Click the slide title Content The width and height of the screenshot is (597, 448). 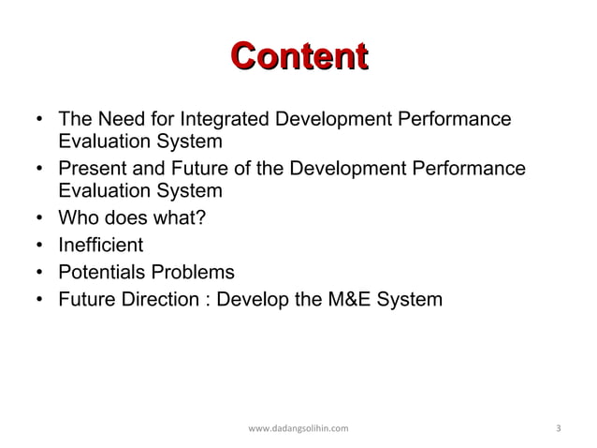pos(298,56)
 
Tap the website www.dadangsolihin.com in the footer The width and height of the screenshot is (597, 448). pos(298,428)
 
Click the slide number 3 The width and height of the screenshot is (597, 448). pos(558,428)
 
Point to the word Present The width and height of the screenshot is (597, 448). pos(93,170)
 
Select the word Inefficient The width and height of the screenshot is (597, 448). pos(101,246)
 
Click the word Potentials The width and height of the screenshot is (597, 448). pos(104,273)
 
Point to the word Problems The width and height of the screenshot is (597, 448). pos(195,273)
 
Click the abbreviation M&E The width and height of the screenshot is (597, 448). pos(348,300)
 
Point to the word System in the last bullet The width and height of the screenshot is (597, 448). pos(408,300)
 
